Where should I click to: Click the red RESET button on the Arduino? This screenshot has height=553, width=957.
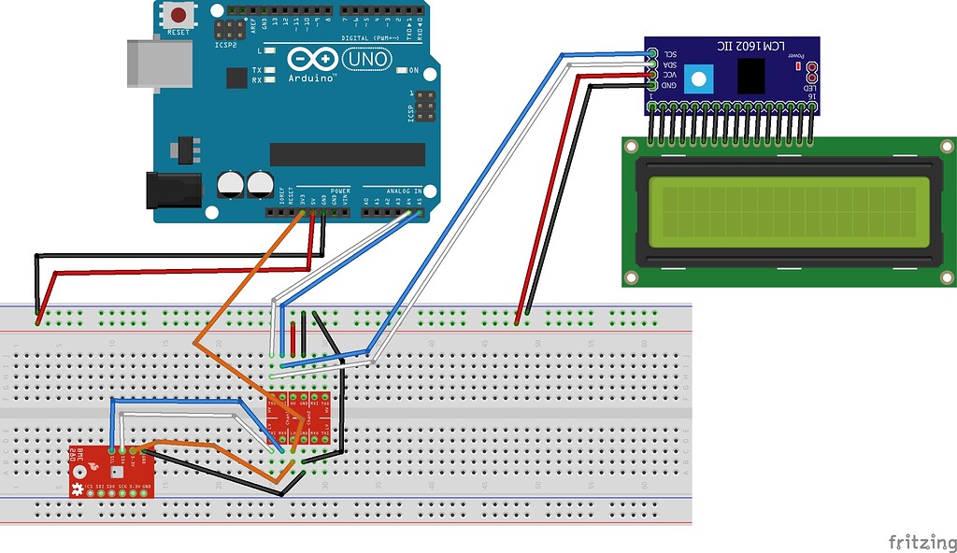[x=178, y=15]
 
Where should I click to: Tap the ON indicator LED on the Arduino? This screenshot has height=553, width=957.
[x=400, y=70]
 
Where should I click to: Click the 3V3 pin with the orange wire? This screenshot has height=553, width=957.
[x=302, y=213]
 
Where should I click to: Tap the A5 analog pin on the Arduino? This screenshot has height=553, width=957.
[x=420, y=213]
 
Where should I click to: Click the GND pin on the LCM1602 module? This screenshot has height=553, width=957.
[x=651, y=86]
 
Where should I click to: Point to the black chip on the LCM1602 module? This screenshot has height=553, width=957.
[x=751, y=76]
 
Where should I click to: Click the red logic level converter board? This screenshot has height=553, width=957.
[x=298, y=418]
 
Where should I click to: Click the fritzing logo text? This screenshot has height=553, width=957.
[x=921, y=541]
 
